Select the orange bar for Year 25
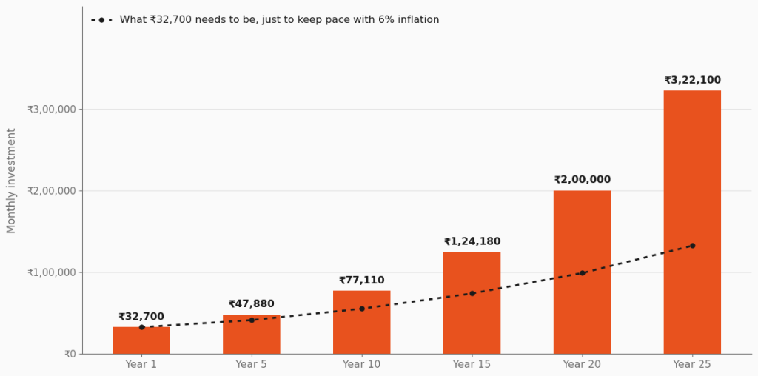[x=692, y=222]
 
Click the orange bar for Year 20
[x=582, y=272]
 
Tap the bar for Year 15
[x=472, y=303]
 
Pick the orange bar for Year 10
[x=361, y=322]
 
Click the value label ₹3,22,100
[x=692, y=80]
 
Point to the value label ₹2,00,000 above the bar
[x=582, y=180]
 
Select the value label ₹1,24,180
[x=472, y=241]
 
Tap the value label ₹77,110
[x=361, y=281]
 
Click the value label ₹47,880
[x=252, y=304]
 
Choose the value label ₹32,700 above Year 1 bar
[x=141, y=317]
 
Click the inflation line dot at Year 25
[x=692, y=246]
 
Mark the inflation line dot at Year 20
[x=582, y=273]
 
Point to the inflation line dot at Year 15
[x=472, y=293]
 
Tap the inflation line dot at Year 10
[x=361, y=309]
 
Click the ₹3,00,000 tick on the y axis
[x=52, y=110]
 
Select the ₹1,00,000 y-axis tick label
[x=52, y=272]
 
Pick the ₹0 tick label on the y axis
[x=70, y=355]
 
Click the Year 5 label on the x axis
[x=252, y=364]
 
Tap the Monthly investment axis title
[x=11, y=181]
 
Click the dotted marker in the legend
[x=101, y=20]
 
